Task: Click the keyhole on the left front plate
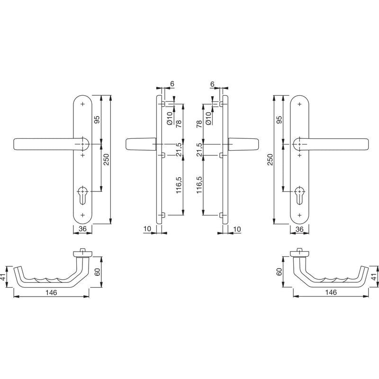[x=82, y=195]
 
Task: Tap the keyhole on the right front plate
[x=299, y=195]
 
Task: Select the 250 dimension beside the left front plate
[x=107, y=160]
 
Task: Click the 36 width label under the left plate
[x=82, y=229]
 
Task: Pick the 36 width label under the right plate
[x=299, y=229]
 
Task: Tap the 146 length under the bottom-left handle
[x=51, y=293]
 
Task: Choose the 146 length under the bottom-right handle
[x=331, y=292]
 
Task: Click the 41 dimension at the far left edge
[x=3, y=277]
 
